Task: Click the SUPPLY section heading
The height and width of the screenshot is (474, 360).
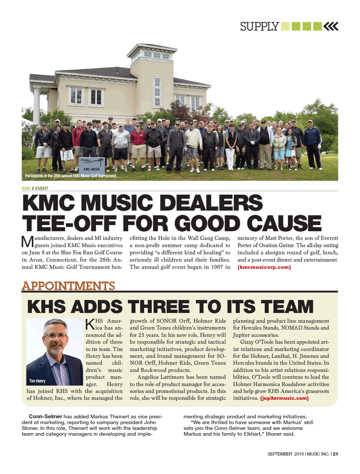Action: point(259,26)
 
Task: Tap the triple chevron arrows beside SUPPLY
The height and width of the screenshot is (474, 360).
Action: point(331,26)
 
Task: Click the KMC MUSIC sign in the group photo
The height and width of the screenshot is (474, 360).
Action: point(92,169)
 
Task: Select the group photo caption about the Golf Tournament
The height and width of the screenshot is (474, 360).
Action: point(71,176)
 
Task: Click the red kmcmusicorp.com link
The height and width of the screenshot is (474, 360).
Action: point(264,267)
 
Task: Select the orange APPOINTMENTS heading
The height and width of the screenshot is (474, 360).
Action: point(68,286)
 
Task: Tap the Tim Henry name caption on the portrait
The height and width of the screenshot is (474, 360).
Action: point(37,381)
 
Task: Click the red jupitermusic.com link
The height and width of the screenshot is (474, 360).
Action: point(284,398)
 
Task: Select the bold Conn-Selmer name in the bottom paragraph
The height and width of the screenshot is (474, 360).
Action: point(45,416)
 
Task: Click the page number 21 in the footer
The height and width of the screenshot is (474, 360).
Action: point(336,454)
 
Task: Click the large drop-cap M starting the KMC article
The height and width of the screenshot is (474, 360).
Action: point(27,242)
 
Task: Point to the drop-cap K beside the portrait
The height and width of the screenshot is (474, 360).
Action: point(90,324)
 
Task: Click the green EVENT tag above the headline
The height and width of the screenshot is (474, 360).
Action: point(41,188)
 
